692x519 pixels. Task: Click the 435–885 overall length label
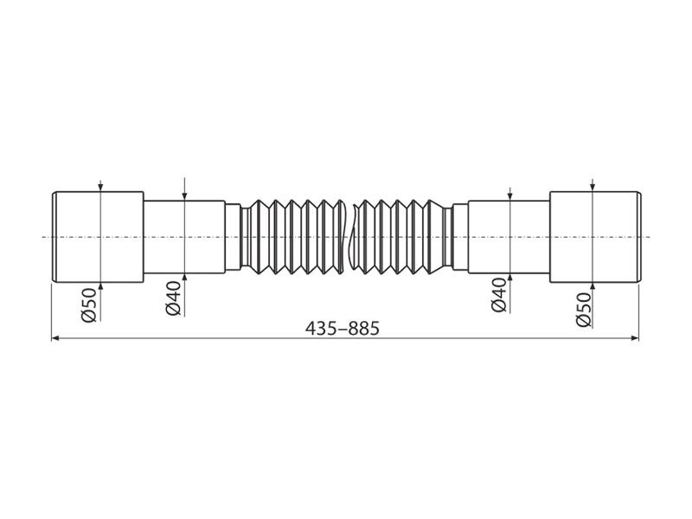tap(343, 329)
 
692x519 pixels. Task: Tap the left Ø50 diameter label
tap(89, 305)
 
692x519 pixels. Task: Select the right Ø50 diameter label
tap(583, 310)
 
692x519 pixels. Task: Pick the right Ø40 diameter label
tap(499, 295)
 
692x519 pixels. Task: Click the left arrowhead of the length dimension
tap(55, 338)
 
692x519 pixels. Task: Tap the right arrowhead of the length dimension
tap(635, 338)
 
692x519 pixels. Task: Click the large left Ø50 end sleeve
tap(98, 237)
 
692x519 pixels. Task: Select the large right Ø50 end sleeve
tap(595, 237)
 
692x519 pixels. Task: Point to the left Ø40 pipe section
tap(184, 237)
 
